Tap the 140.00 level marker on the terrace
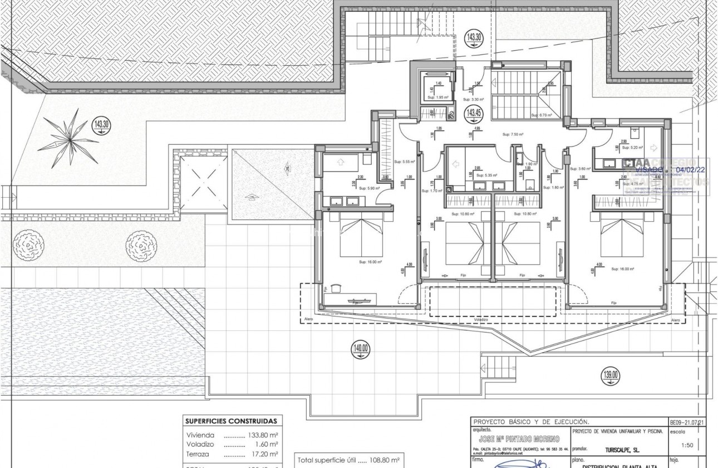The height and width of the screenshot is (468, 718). point(360,349)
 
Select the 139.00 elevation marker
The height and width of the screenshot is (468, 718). point(610,375)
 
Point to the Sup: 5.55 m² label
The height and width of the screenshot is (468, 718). point(405,162)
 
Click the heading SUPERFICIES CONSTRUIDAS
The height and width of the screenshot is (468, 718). point(232,421)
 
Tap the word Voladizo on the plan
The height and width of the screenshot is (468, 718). point(481,320)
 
